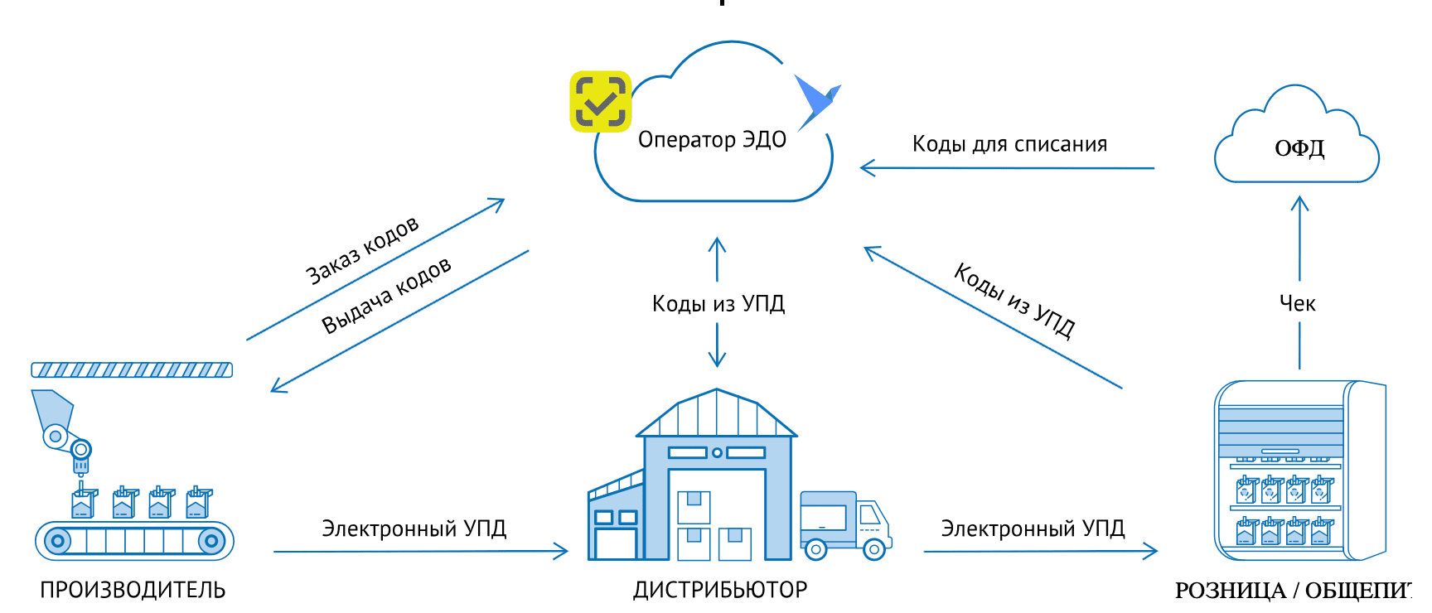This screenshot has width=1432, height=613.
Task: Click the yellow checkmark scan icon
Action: tap(601, 101)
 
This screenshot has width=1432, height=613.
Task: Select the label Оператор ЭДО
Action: tap(712, 140)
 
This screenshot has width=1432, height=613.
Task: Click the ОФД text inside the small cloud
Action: tap(1299, 148)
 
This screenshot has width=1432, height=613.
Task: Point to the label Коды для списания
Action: tap(1009, 144)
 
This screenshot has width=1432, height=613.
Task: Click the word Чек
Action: tap(1297, 304)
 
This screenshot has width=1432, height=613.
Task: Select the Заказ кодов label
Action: tap(362, 250)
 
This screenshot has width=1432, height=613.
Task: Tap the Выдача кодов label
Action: tap(386, 295)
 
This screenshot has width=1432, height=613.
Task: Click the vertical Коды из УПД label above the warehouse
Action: tap(718, 304)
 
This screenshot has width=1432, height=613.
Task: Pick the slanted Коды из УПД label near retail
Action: tap(1014, 301)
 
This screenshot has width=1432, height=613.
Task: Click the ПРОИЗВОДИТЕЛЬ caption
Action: tap(133, 590)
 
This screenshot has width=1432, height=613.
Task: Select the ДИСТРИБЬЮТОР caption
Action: tap(720, 590)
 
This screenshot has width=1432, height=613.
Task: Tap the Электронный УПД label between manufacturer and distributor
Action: tap(414, 529)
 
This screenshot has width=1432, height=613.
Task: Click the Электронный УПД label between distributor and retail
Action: tap(1033, 529)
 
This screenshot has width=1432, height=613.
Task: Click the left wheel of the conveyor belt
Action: tap(57, 542)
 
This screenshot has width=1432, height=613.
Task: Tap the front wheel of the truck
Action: tap(873, 548)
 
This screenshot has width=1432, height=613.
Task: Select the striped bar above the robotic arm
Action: tap(132, 370)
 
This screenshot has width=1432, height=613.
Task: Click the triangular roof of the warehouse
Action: tap(716, 414)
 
